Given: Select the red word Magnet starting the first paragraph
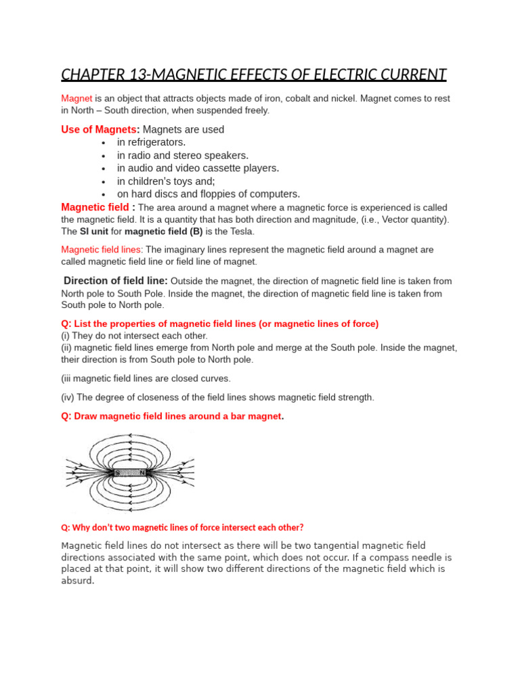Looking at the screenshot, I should pos(77,98).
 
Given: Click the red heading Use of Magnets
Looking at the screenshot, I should pos(100,129).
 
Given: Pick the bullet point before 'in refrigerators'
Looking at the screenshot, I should pos(103,143).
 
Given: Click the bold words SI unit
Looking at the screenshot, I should pos(94,231).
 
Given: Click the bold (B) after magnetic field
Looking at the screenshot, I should pos(196,231).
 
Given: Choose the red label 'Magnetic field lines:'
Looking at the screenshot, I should pos(102,250).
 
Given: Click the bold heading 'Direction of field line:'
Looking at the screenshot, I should pos(116,281).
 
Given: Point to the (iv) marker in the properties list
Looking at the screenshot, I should pos(68,397).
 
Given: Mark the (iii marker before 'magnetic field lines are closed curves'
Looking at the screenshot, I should pos(68,378).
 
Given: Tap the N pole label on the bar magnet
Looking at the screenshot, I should pos(142,472).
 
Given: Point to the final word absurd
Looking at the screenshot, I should pos(77,581).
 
